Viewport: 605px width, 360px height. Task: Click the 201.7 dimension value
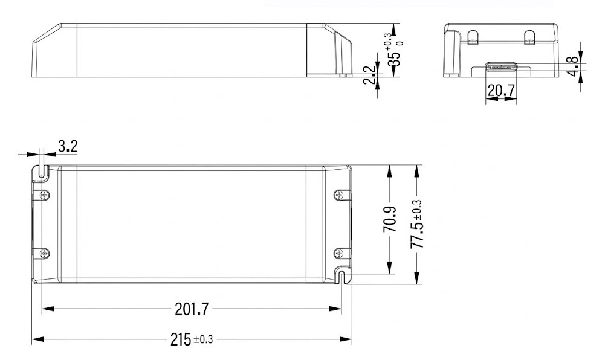coord(192,309)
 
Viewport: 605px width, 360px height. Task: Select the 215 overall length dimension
coord(181,339)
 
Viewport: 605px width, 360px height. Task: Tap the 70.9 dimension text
coord(390,219)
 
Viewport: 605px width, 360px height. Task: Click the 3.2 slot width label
coord(68,146)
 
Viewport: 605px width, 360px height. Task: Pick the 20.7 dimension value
coord(501,91)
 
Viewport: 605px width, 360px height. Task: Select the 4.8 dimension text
coord(574,66)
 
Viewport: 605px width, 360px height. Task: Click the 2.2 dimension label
coord(369,75)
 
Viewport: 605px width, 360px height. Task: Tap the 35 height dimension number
coord(394,59)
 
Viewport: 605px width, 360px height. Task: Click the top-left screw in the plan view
coord(45,195)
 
